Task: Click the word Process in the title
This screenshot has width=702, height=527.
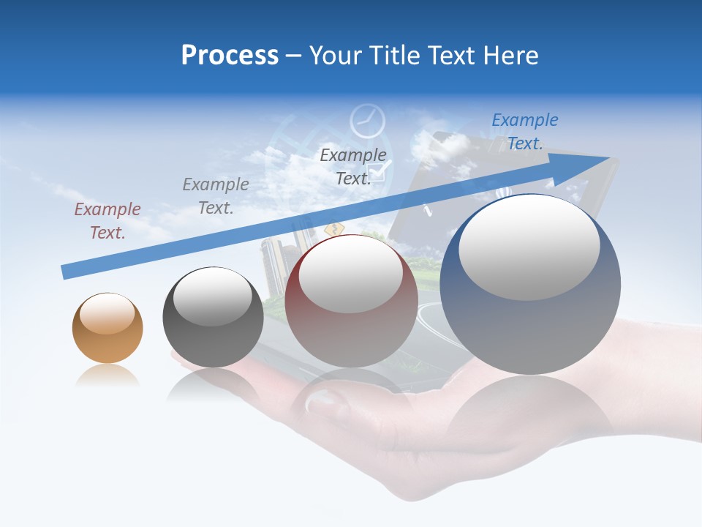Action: (230, 56)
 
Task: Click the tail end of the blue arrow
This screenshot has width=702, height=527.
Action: (64, 272)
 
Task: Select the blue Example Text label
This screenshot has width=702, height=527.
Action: (524, 132)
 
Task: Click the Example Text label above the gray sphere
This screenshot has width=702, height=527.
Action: (216, 196)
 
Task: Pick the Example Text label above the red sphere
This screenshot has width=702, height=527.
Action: (352, 167)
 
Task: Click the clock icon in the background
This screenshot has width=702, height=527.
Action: (367, 122)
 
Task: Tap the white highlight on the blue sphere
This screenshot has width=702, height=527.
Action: (529, 247)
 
